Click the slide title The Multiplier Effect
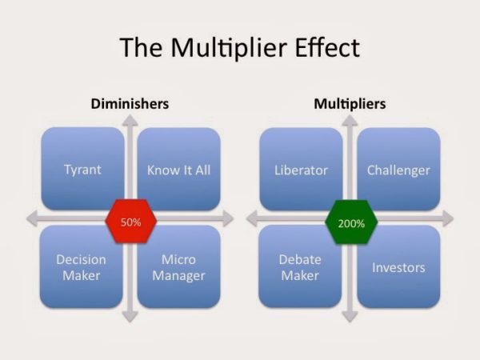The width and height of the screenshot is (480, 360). [x=239, y=47]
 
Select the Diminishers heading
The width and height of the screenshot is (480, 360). [x=130, y=104]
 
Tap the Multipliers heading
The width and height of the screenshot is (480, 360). [x=349, y=104]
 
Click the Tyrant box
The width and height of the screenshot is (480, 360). [x=82, y=169]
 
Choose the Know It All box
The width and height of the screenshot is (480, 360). [x=178, y=169]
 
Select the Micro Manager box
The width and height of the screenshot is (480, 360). [x=178, y=267]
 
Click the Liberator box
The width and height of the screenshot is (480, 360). [x=301, y=169]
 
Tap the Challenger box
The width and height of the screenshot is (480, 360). [x=398, y=169]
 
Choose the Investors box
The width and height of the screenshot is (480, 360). [x=398, y=267]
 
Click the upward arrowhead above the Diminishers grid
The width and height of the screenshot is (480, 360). [x=130, y=121]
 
